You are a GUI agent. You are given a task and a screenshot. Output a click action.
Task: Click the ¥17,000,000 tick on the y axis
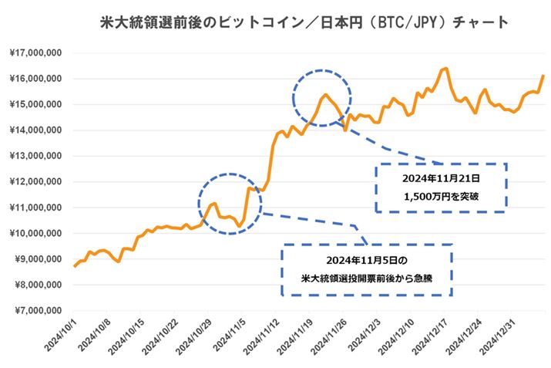pyautogui.click(x=37, y=53)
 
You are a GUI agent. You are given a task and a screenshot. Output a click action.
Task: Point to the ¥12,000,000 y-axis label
pyautogui.click(x=37, y=182)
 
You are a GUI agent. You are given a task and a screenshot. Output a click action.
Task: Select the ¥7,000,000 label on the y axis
pyautogui.click(x=37, y=310)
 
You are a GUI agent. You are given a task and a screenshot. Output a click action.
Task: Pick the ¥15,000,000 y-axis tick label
pyautogui.click(x=37, y=105)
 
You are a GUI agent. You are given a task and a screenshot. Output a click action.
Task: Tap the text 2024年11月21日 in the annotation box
pyautogui.click(x=440, y=177)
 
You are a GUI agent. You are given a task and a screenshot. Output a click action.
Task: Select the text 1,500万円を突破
pyautogui.click(x=440, y=197)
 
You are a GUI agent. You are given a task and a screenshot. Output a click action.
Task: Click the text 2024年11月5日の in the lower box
pyautogui.click(x=367, y=258)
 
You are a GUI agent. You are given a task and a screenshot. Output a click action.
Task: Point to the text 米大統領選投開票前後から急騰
pyautogui.click(x=367, y=278)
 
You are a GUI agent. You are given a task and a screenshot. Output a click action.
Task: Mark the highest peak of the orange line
pyautogui.click(x=445, y=69)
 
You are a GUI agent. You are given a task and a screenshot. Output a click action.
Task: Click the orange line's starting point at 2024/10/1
pyautogui.click(x=74, y=266)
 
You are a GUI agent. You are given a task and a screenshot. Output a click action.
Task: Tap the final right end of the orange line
pyautogui.click(x=543, y=76)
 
